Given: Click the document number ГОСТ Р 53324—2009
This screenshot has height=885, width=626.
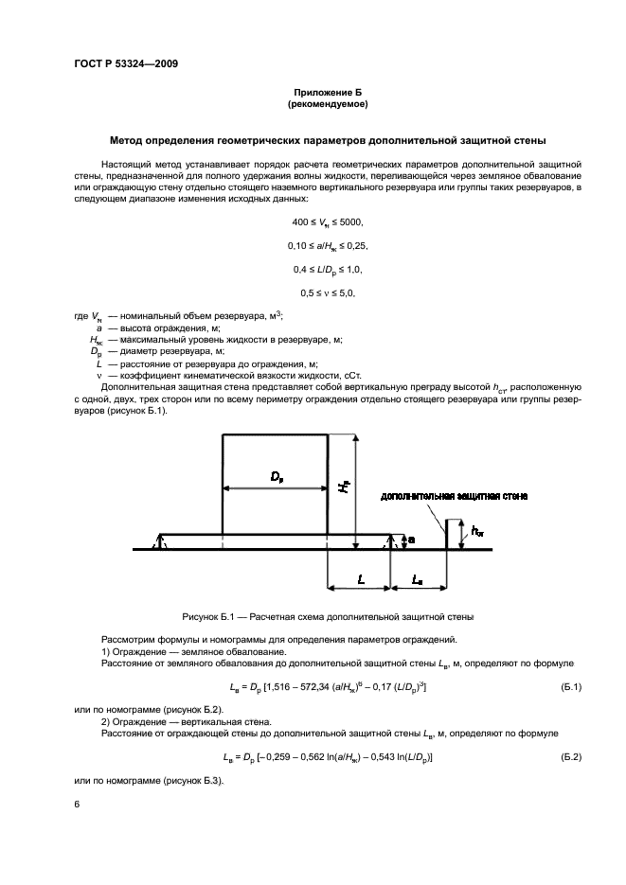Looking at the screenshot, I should (x=125, y=64).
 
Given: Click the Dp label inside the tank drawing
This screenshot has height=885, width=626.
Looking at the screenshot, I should (x=276, y=478).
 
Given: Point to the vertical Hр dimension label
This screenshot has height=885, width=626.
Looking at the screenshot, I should (x=345, y=486).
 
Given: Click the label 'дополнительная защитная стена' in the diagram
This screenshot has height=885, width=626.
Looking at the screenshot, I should (x=454, y=495).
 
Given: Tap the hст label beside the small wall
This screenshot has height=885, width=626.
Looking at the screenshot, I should (x=476, y=531).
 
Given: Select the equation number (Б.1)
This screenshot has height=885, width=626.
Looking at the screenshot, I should (x=570, y=685).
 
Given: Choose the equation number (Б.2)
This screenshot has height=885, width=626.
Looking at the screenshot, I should (x=570, y=758).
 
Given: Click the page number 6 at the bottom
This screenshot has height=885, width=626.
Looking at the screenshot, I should (x=77, y=804).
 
